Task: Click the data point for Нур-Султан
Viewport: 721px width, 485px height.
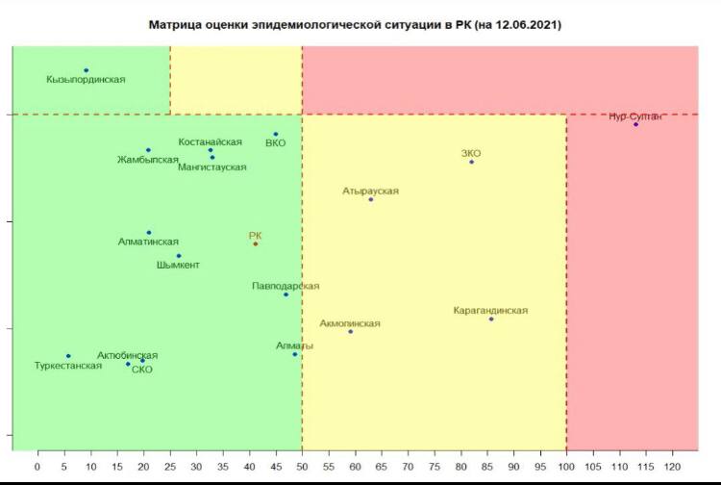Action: tap(635, 124)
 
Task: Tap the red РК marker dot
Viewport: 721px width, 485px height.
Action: tap(255, 243)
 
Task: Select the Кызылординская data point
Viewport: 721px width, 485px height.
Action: tap(86, 70)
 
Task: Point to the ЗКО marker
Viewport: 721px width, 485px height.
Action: tap(471, 162)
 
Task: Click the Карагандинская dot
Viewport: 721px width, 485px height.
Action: tap(491, 319)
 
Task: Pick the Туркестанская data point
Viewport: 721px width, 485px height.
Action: tap(68, 356)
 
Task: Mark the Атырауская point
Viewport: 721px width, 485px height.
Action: tap(370, 199)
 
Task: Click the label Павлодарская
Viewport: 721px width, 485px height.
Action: tap(286, 286)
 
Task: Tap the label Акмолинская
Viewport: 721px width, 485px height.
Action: tap(350, 323)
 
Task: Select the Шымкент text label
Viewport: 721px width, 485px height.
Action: tap(178, 265)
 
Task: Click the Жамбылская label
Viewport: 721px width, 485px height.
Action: tap(148, 160)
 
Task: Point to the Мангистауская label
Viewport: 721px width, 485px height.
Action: tap(212, 166)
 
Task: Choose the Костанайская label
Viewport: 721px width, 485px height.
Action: tap(210, 141)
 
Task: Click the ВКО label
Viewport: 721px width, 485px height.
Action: tap(275, 143)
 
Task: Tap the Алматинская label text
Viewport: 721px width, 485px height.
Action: tap(148, 242)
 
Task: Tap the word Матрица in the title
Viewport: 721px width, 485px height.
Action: tap(172, 24)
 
